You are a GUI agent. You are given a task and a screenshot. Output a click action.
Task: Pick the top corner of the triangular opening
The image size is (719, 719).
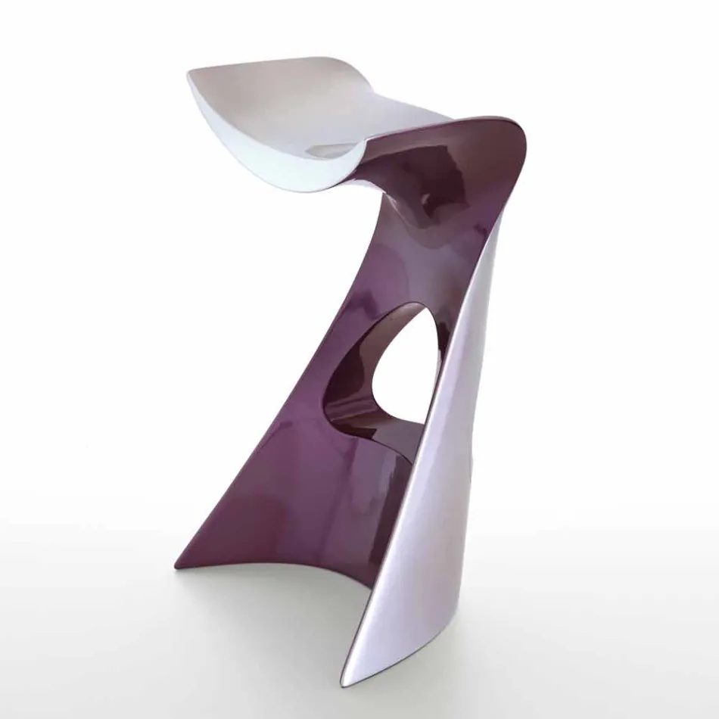421,307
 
